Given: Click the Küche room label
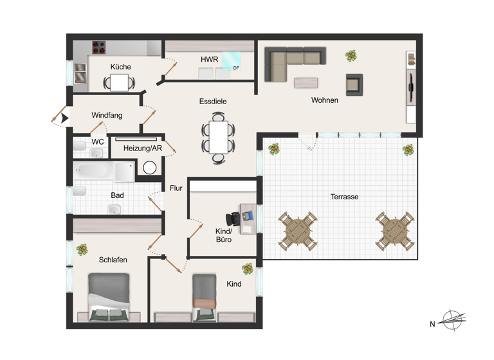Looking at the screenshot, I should coord(120,67).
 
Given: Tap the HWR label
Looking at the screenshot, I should coord(209,59).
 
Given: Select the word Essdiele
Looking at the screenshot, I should coord(213,101).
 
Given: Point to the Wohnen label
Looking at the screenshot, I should coord(325,100).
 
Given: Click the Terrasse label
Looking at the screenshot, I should coord(344,197).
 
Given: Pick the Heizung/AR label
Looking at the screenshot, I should coord(143,148).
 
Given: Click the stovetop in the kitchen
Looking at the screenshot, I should coord(99,47).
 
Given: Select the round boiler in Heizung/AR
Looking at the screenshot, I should coord(150,168).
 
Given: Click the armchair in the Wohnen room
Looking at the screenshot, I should coord(354,84).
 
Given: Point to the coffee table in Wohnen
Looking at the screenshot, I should coord(306,82).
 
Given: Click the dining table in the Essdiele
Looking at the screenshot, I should coord(218,137).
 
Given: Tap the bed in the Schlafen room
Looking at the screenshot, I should coord(108,295).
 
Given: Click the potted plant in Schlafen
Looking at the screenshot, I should coord(82,249).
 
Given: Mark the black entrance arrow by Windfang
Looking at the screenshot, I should coord(63,118).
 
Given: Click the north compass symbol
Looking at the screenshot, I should coord(453,319).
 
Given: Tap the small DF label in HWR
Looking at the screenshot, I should coord(236,67).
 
